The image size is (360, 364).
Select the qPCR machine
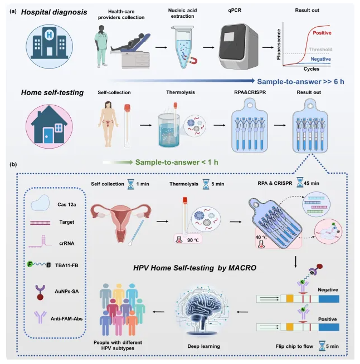pos(240,42)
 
